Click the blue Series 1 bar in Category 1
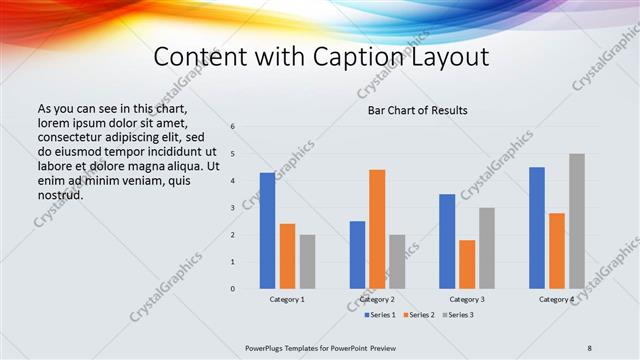(x=267, y=231)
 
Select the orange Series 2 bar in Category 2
(x=377, y=229)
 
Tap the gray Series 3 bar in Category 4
(x=577, y=221)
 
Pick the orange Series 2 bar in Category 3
(x=467, y=264)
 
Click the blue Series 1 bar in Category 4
(x=537, y=228)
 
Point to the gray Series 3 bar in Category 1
(x=307, y=262)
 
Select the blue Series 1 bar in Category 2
(x=357, y=255)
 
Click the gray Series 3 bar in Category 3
(x=487, y=248)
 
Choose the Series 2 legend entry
(x=417, y=315)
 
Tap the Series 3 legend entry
(x=459, y=315)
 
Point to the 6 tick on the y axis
(x=232, y=127)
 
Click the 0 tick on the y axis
(x=232, y=289)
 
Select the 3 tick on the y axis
(x=232, y=208)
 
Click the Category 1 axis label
(x=287, y=300)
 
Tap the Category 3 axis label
(x=467, y=300)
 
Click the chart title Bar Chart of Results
(x=412, y=110)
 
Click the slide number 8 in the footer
(x=590, y=347)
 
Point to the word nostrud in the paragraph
(x=61, y=194)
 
